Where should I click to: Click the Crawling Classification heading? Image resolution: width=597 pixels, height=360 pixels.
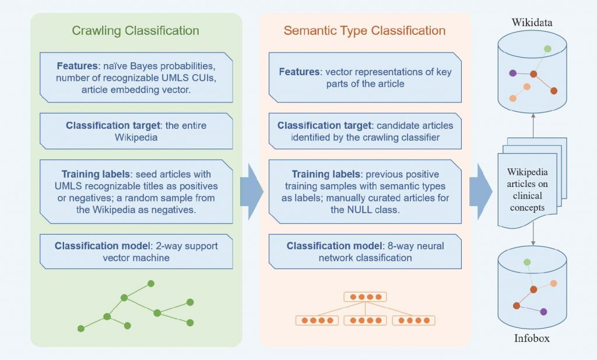coord(135,30)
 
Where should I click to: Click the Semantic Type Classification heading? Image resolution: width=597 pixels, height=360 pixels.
coord(364,30)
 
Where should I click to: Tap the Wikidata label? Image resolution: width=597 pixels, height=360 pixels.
coord(532,22)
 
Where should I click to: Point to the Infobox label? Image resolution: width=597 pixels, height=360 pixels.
coord(531,338)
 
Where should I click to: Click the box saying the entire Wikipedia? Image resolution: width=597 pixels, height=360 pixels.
coord(136,131)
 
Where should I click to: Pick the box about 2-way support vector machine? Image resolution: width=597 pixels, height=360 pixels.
coord(136,251)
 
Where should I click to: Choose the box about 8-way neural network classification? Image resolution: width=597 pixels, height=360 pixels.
coord(365,251)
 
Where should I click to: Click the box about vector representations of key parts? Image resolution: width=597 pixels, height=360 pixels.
coord(365,77)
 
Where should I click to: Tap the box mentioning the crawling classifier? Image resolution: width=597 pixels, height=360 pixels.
coord(365,131)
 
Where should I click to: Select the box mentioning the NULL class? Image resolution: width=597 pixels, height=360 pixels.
coord(365,192)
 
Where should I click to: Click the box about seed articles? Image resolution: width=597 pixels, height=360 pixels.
coord(136,192)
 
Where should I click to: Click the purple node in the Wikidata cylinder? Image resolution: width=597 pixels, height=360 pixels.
coord(512,73)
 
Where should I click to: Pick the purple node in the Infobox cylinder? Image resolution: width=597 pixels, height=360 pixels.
coord(544,312)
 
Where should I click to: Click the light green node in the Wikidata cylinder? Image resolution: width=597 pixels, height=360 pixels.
coord(547,49)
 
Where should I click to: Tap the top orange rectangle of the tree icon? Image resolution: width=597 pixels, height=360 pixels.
coord(365,297)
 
